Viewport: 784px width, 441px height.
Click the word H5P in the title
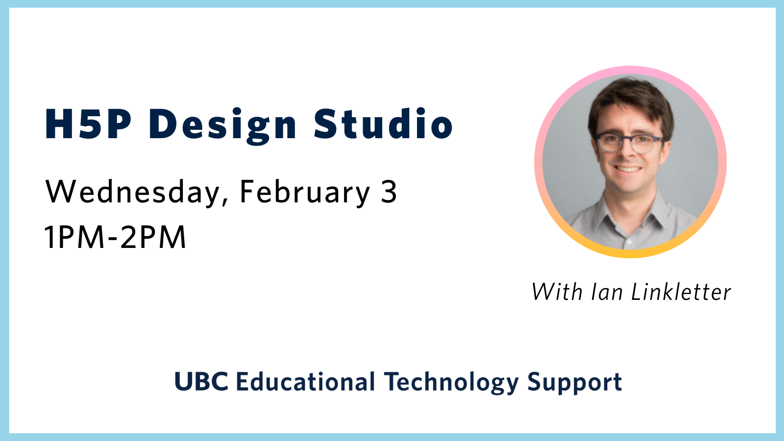pyautogui.click(x=88, y=124)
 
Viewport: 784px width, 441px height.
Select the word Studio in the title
pyautogui.click(x=383, y=124)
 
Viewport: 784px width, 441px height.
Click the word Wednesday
pyautogui.click(x=132, y=192)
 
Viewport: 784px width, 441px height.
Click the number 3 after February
pyautogui.click(x=389, y=192)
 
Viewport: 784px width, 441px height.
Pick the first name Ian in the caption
pyautogui.click(x=607, y=292)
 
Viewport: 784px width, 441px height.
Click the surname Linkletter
pyautogui.click(x=681, y=292)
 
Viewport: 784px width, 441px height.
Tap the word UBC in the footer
pyautogui.click(x=201, y=382)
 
